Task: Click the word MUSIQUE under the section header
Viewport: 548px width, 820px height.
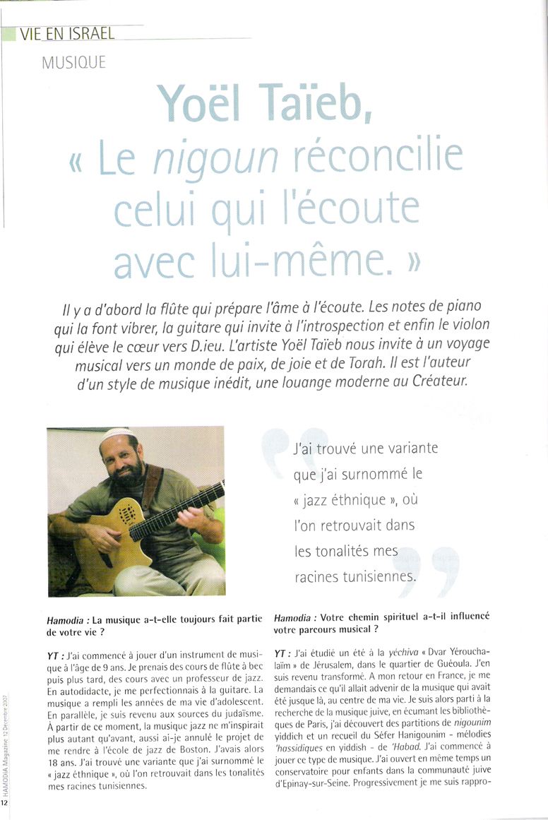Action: [x=73, y=62]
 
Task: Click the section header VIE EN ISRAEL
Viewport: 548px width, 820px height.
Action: [x=68, y=32]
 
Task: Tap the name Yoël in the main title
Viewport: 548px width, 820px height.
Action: [x=205, y=106]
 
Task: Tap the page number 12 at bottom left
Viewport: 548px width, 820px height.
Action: [x=5, y=804]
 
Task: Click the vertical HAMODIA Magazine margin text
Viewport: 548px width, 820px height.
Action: [x=5, y=742]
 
